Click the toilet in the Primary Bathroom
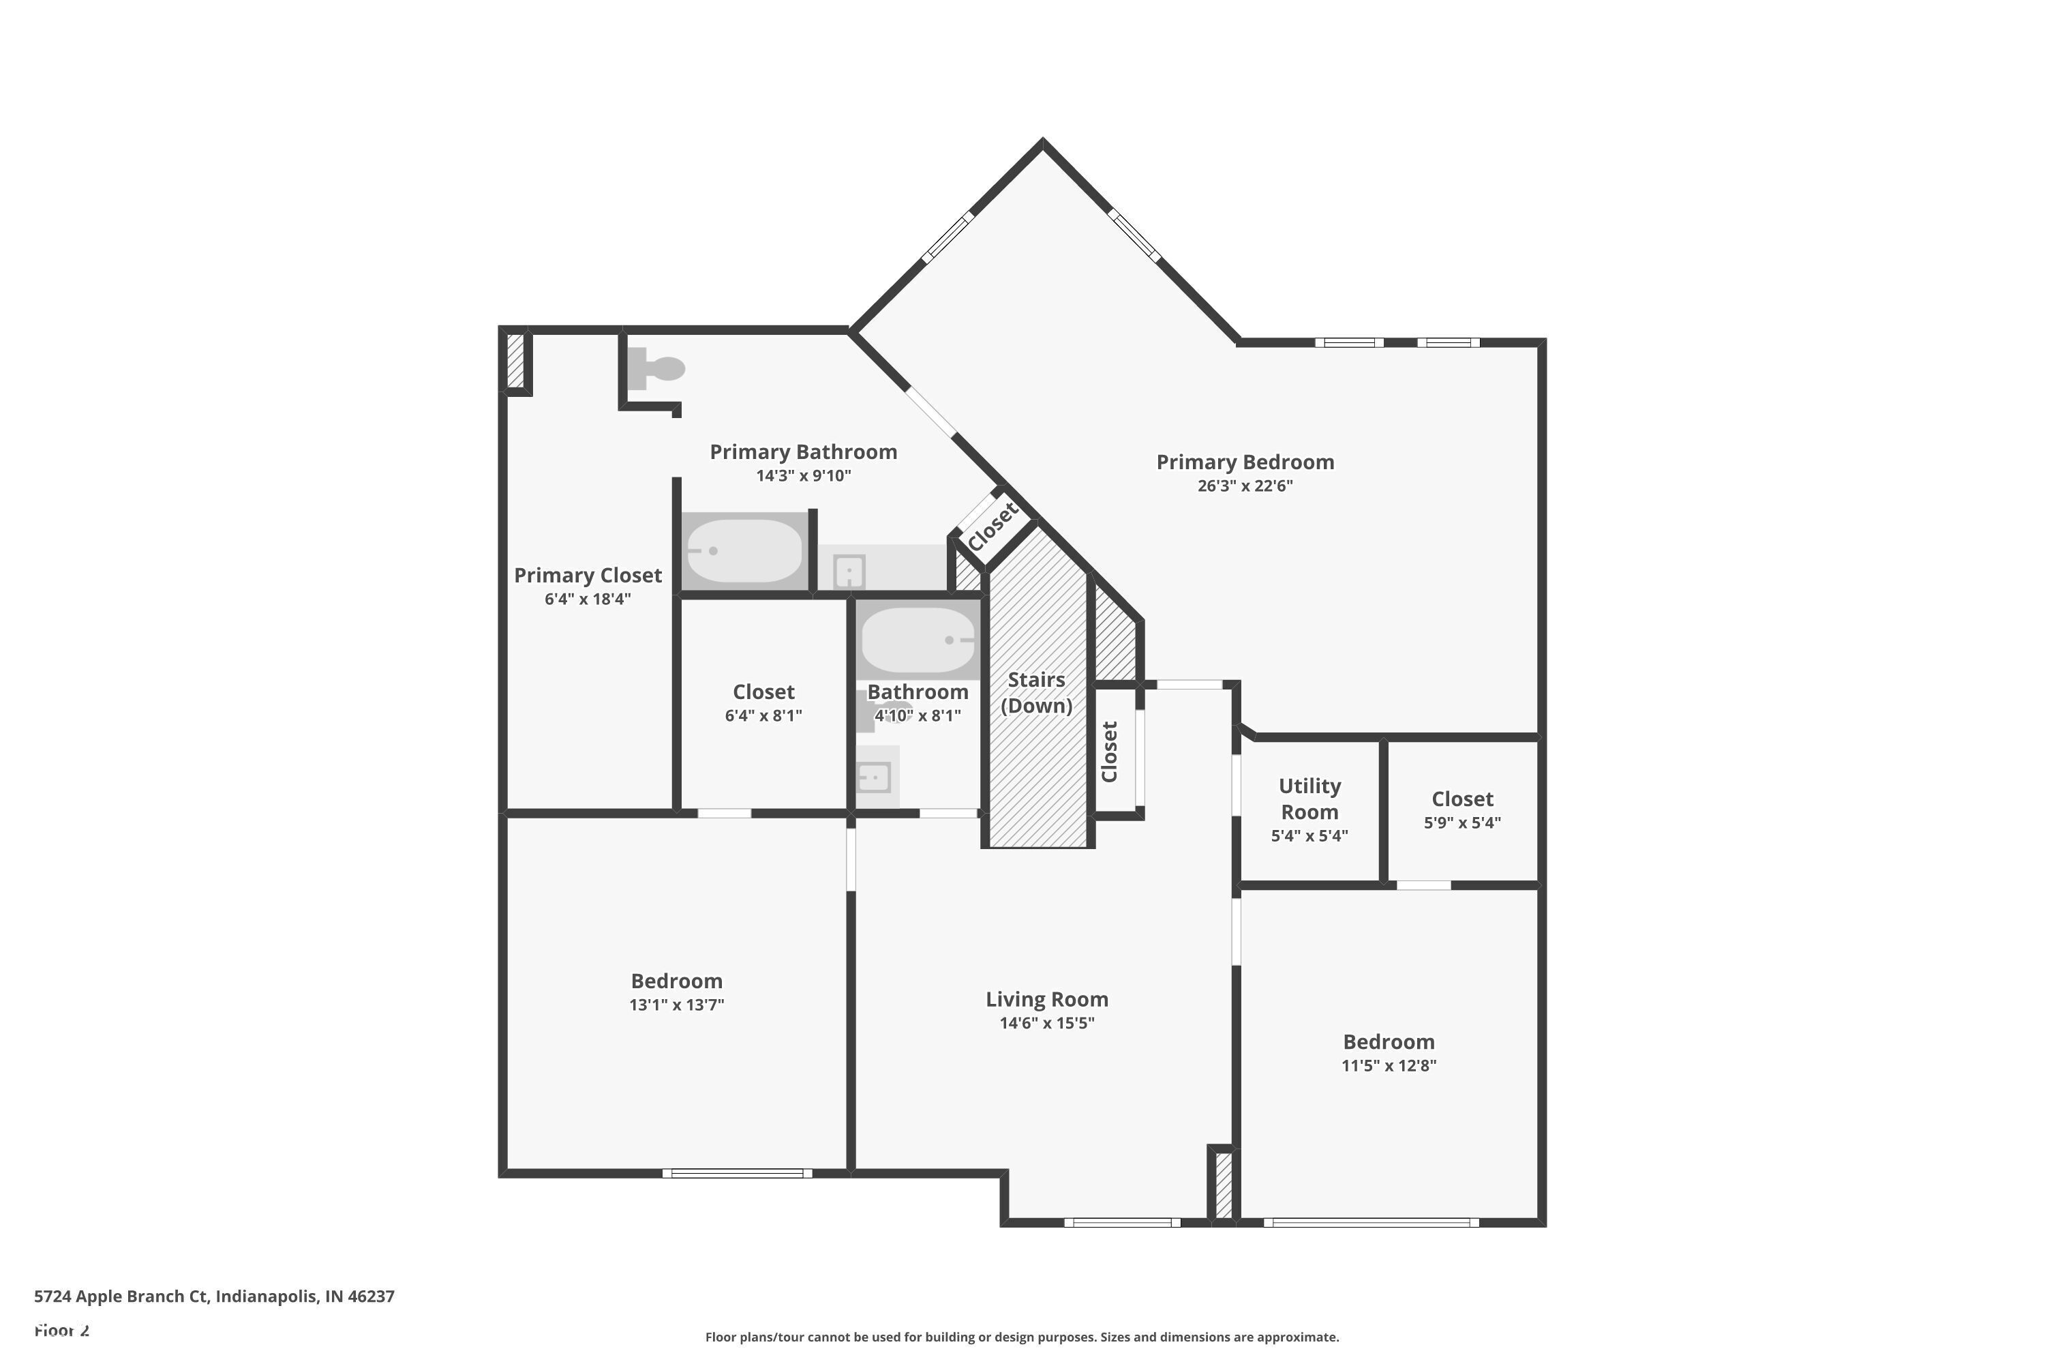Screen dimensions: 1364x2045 click(658, 369)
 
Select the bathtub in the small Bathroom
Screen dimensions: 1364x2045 click(918, 640)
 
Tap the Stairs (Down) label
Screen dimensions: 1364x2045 click(1035, 692)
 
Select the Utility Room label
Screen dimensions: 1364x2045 click(1309, 799)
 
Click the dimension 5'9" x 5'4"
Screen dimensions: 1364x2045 click(1461, 822)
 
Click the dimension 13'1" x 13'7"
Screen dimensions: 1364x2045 click(676, 1005)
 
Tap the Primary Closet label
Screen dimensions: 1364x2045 click(588, 575)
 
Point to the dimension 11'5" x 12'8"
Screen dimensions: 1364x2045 click(1388, 1065)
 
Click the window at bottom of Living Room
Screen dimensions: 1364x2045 click(1121, 1222)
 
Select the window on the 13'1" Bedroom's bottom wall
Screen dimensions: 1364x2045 click(738, 1174)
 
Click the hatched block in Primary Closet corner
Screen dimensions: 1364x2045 click(515, 360)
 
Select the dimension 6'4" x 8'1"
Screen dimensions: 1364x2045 click(763, 715)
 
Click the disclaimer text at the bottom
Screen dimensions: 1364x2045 click(1022, 1337)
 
